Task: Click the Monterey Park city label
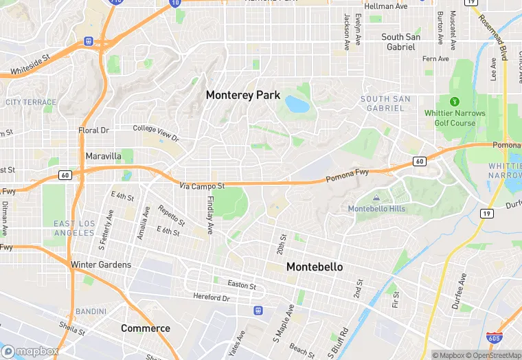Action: pos(243,95)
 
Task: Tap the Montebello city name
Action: pos(315,267)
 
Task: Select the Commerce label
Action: pos(146,328)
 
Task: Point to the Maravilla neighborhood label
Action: pos(103,156)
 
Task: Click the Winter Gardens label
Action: pos(100,265)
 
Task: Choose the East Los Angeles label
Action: pos(74,228)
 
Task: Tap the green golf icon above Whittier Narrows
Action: pos(454,102)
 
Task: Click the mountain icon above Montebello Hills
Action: pos(376,198)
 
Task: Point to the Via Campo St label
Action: pos(203,186)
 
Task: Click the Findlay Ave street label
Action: pos(210,215)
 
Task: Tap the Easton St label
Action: pos(242,286)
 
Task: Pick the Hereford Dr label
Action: pos(211,298)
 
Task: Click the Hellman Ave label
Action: pos(386,6)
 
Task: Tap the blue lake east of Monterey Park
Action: pos(297,104)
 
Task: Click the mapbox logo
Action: pos(30,351)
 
